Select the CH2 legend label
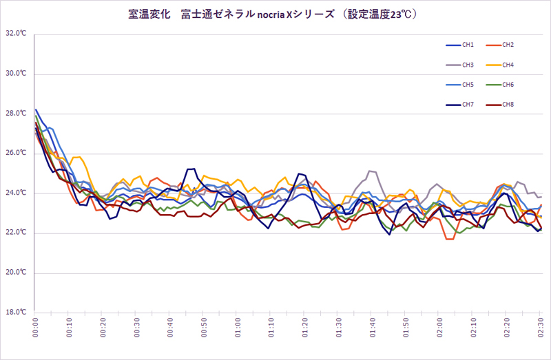pos(508,45)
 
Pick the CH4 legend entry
pos(508,65)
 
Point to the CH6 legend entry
pos(508,85)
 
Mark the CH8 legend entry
pos(508,105)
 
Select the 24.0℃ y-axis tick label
pos(17,193)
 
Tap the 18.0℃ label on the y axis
pos(17,313)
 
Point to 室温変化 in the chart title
pos(149,14)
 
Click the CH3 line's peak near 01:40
pos(371,171)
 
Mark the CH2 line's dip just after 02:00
pos(449,239)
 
